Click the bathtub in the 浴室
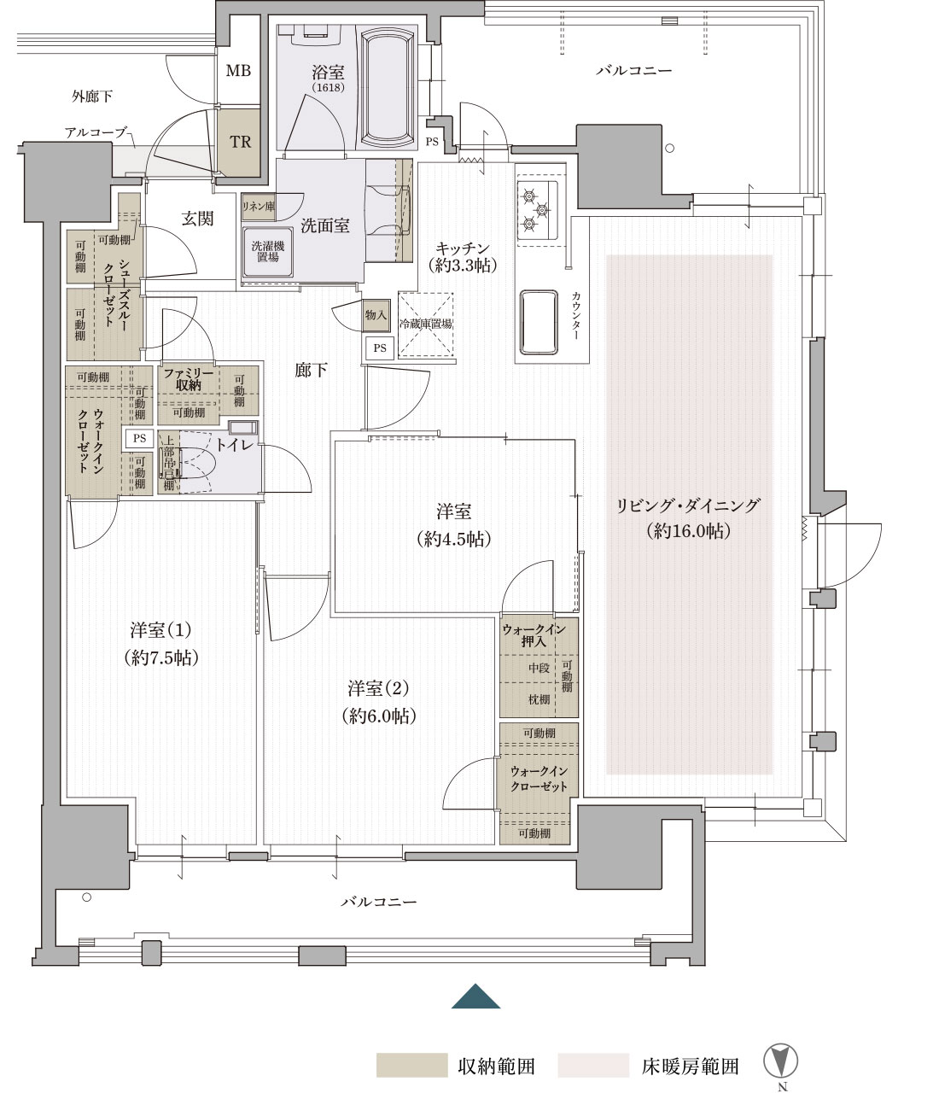(387, 88)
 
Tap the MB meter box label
(238, 70)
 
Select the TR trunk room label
(240, 142)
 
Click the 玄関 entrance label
(197, 219)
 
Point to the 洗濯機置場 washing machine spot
(267, 252)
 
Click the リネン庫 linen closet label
(259, 206)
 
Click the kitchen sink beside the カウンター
(539, 322)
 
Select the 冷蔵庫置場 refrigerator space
(426, 324)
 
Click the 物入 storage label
(376, 315)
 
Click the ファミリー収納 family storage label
(188, 379)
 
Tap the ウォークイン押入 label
(534, 635)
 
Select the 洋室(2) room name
(378, 688)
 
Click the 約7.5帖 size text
(161, 658)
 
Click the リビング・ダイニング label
(688, 506)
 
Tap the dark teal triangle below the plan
(475, 996)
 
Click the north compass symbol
(781, 1061)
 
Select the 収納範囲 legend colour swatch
(411, 1065)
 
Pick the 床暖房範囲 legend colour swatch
(593, 1065)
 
